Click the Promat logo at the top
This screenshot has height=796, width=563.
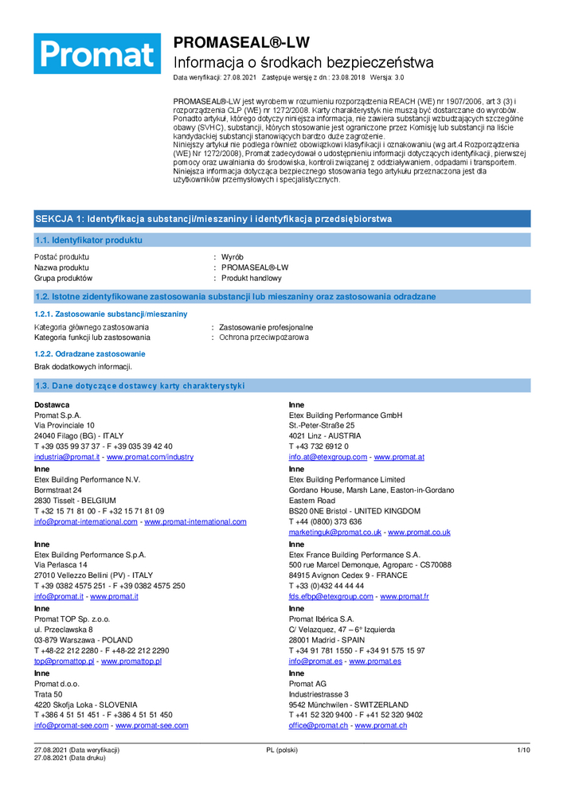96,53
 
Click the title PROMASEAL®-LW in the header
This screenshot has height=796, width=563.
242,42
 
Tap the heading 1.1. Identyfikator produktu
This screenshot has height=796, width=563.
88,240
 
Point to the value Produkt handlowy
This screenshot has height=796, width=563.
252,279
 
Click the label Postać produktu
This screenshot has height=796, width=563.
61,257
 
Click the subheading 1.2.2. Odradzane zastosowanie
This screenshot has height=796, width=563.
89,353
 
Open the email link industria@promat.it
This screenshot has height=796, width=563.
67,457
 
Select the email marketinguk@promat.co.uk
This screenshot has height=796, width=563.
335,532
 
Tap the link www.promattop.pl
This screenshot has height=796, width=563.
131,661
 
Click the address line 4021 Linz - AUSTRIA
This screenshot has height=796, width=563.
325,436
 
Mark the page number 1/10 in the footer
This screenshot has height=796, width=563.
523,751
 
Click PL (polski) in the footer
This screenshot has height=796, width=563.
282,751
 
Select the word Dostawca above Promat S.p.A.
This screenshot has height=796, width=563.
52,404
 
